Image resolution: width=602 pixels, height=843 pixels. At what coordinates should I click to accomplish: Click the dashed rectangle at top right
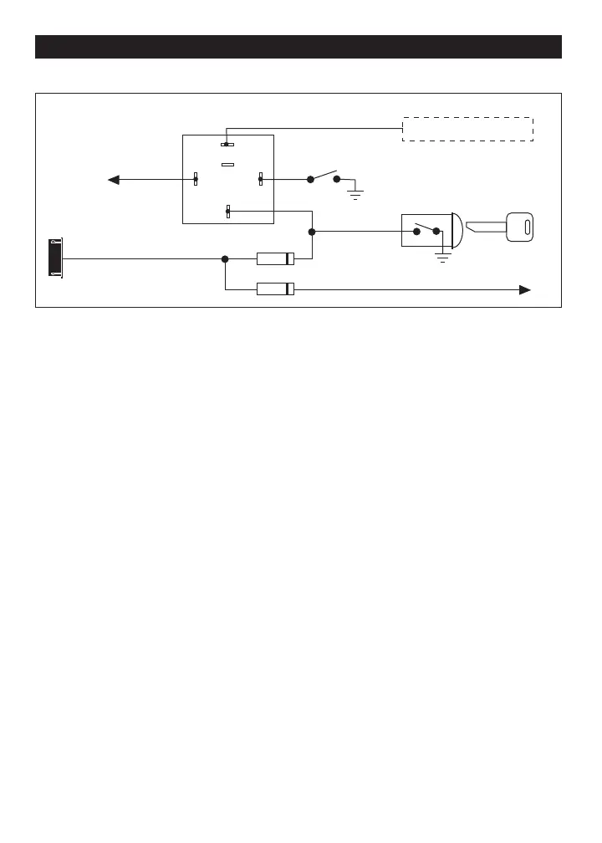point(467,129)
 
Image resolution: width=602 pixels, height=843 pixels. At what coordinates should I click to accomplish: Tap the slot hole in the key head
point(527,227)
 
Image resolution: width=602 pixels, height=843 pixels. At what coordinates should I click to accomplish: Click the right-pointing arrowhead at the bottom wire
point(525,289)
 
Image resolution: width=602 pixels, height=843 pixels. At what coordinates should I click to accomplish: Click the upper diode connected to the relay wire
point(275,258)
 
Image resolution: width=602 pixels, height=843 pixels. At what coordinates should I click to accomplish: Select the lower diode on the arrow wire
point(275,289)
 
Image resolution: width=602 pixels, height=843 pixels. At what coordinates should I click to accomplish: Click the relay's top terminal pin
point(227,144)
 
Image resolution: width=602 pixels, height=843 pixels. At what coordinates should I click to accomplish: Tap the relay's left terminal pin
point(196,179)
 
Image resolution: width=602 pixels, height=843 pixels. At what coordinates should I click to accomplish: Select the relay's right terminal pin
point(260,179)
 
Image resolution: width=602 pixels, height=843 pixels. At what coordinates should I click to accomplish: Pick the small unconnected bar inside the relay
point(227,164)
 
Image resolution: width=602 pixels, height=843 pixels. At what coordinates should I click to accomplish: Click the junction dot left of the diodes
point(225,258)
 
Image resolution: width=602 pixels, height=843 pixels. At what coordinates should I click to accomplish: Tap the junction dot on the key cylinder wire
point(312,232)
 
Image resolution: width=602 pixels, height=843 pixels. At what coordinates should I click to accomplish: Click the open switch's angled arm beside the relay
point(324,175)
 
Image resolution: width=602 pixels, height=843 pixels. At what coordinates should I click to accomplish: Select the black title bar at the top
point(298,47)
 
